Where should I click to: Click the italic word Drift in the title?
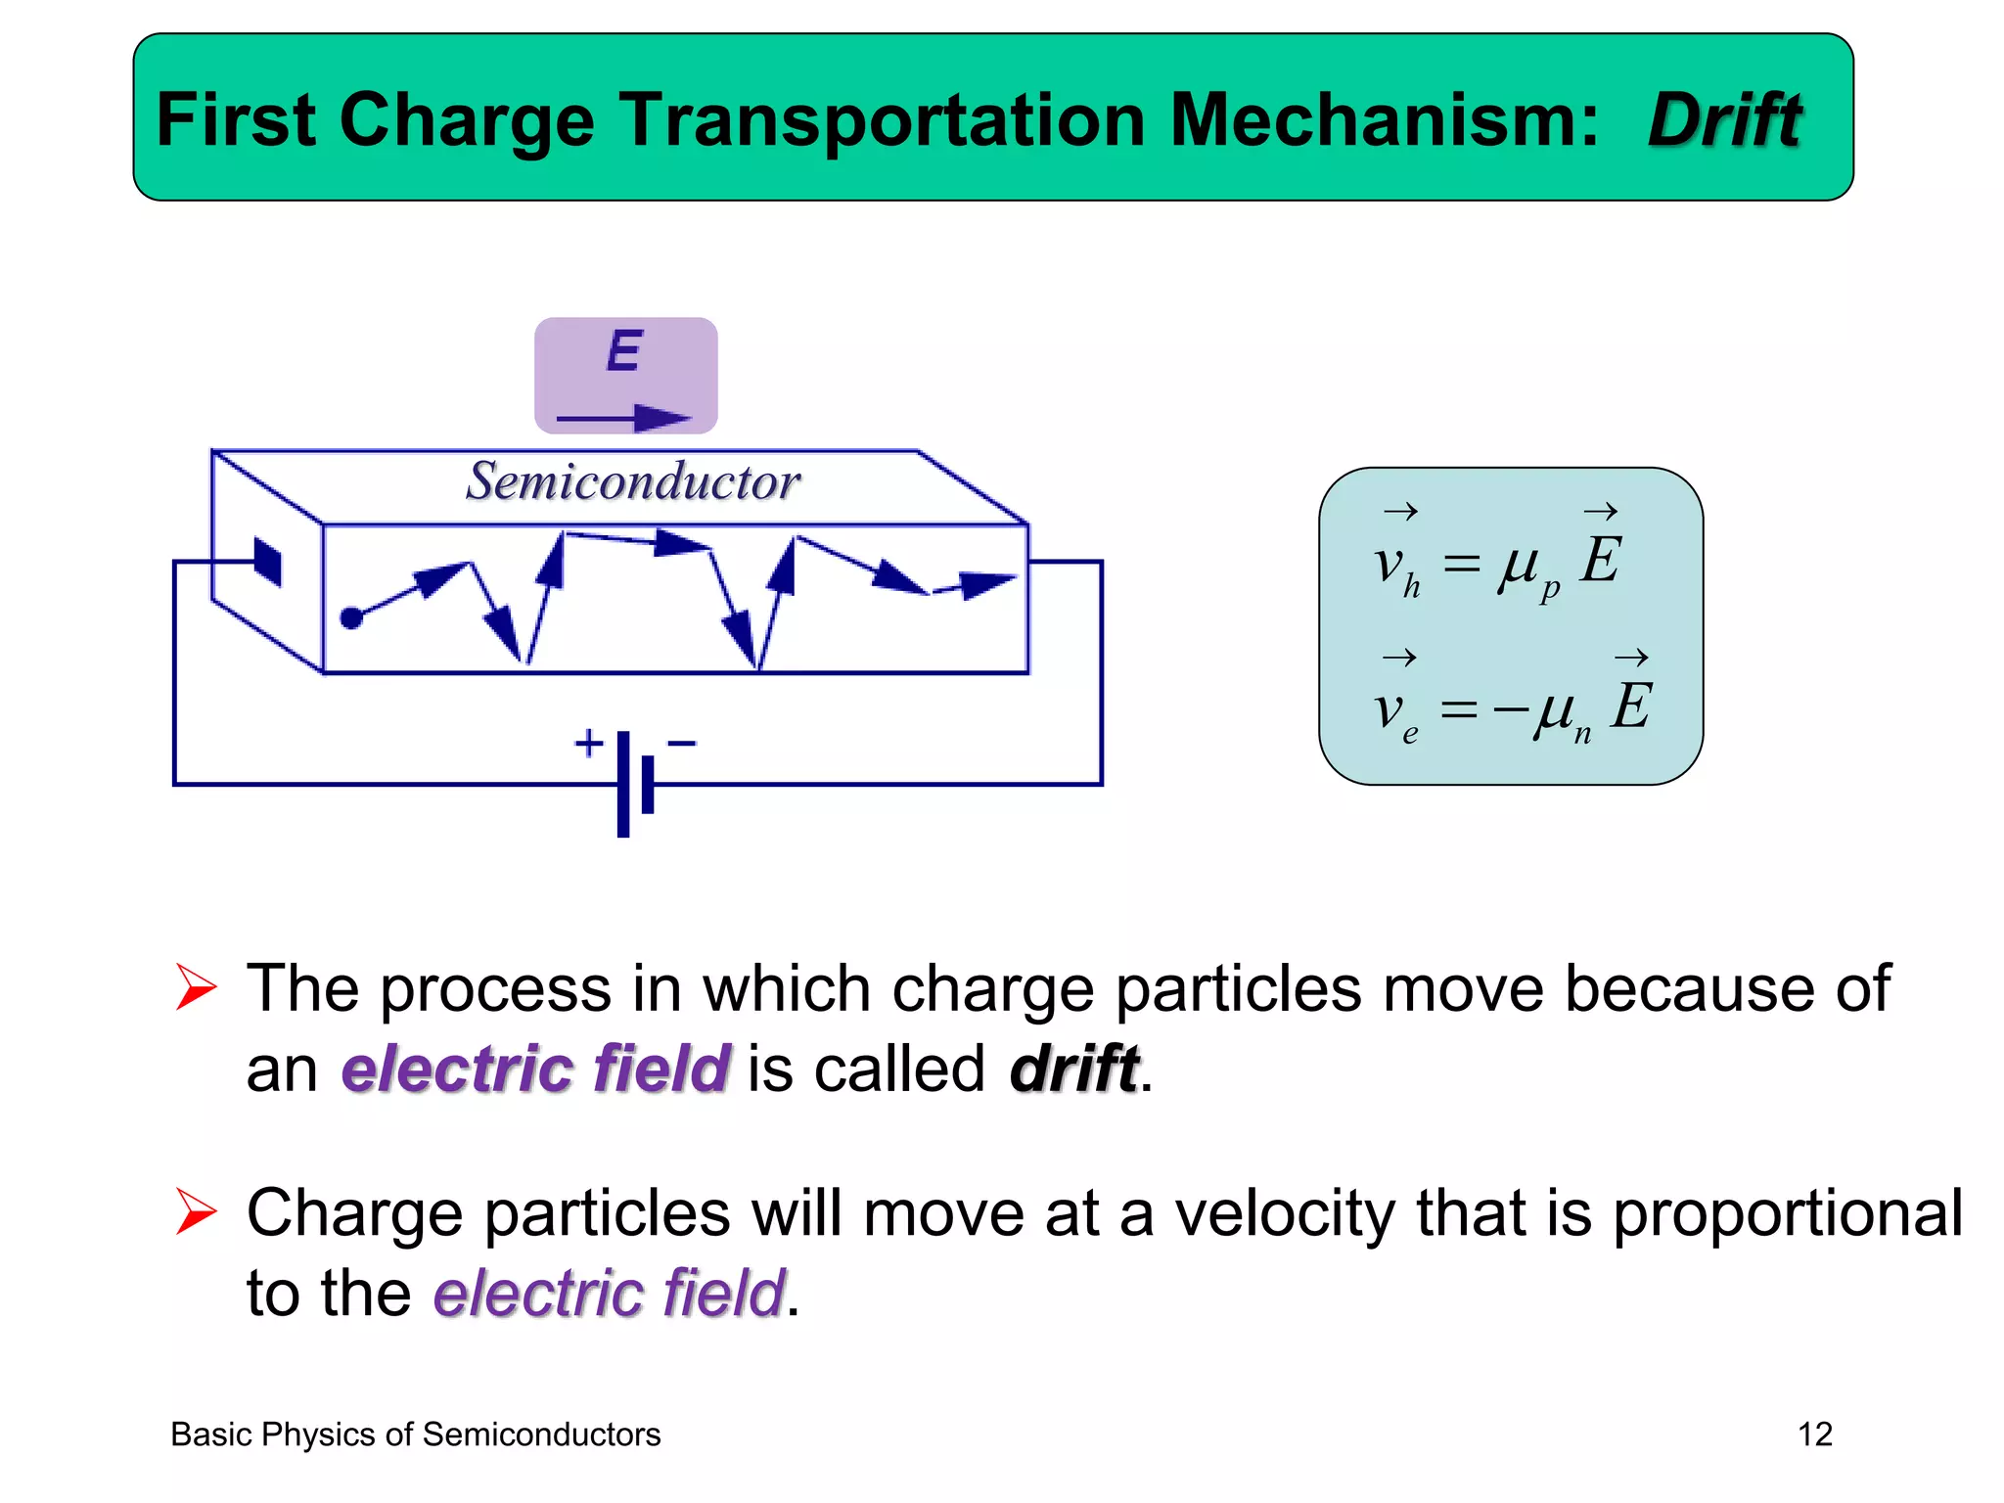(x=1724, y=120)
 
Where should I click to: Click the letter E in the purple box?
(x=624, y=351)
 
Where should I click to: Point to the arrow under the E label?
(x=623, y=419)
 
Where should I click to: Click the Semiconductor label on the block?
(x=633, y=481)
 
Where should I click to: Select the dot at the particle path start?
(x=351, y=617)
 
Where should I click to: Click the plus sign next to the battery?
(x=588, y=744)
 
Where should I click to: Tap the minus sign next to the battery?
(x=681, y=744)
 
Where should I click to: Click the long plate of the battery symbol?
(x=623, y=783)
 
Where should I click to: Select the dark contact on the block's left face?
(x=267, y=562)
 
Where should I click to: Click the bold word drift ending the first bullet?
(x=1074, y=1068)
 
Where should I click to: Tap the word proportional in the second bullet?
(x=1787, y=1213)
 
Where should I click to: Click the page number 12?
(x=1814, y=1435)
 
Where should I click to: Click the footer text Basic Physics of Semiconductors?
(x=416, y=1435)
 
